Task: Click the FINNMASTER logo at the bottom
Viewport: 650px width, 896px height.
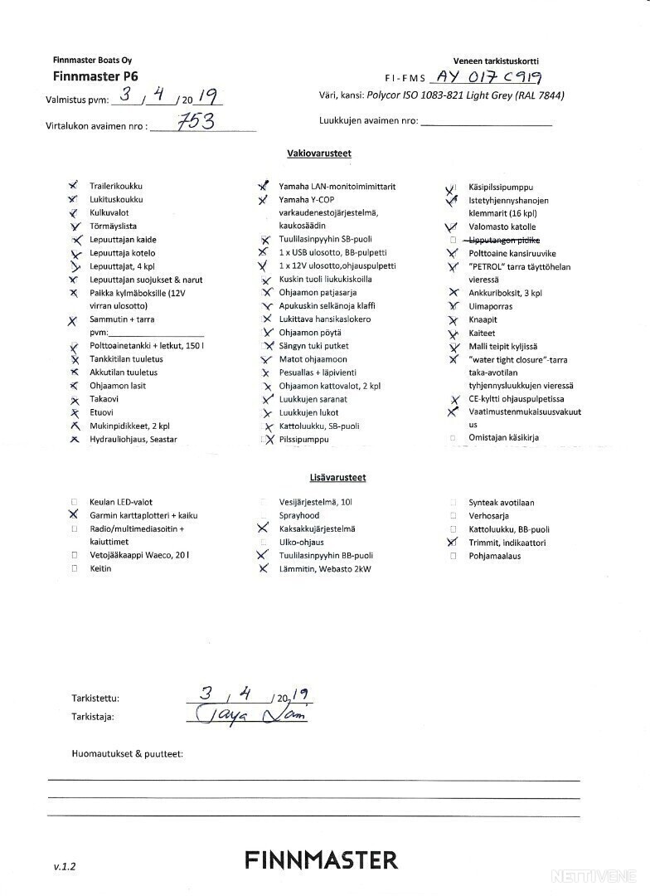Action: pyautogui.click(x=321, y=859)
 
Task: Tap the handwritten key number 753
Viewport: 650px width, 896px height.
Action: pyautogui.click(x=196, y=122)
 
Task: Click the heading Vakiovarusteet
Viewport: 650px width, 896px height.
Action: pyautogui.click(x=319, y=153)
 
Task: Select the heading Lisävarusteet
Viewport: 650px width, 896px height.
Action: pyautogui.click(x=332, y=478)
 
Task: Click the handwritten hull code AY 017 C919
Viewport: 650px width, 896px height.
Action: pyautogui.click(x=488, y=77)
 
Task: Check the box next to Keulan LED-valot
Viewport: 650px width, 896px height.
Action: pyautogui.click(x=74, y=502)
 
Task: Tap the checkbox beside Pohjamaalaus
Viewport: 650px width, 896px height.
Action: pyautogui.click(x=453, y=556)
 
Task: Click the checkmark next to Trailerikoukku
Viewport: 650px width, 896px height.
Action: pyautogui.click(x=74, y=186)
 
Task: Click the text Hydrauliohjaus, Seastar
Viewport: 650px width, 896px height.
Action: pyautogui.click(x=133, y=439)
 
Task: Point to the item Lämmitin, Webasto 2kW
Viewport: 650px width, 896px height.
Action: pyautogui.click(x=326, y=569)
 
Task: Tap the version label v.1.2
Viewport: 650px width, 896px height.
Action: pyautogui.click(x=65, y=866)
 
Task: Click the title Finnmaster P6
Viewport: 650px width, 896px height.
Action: pyautogui.click(x=95, y=75)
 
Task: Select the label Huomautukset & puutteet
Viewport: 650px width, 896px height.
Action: pyautogui.click(x=128, y=753)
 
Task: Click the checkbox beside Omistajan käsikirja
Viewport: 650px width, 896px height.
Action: pyautogui.click(x=453, y=438)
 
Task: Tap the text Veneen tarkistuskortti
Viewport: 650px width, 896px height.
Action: pyautogui.click(x=496, y=61)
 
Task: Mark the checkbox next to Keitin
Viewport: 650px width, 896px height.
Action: pyautogui.click(x=74, y=569)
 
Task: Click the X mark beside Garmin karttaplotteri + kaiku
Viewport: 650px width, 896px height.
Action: pyautogui.click(x=74, y=514)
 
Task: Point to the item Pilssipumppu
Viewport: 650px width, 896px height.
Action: pyautogui.click(x=304, y=439)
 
